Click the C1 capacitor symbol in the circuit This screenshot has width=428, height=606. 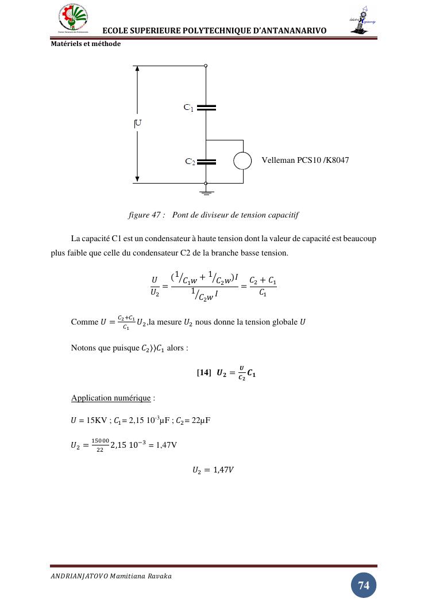click(x=206, y=107)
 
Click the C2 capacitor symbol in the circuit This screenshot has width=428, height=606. click(x=206, y=162)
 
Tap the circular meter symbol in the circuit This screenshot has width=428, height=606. click(x=242, y=161)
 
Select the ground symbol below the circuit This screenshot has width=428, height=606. click(x=206, y=192)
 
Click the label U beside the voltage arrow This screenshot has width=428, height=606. click(x=138, y=123)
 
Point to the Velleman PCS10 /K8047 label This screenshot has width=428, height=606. click(x=305, y=160)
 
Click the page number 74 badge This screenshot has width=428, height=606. click(x=364, y=585)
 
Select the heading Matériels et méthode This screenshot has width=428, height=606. click(x=86, y=44)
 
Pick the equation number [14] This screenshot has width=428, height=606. click(x=204, y=373)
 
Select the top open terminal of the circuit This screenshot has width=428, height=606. click(x=206, y=66)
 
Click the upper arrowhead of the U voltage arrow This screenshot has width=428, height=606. click(x=137, y=69)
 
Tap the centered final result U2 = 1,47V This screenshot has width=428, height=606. click(x=213, y=470)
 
